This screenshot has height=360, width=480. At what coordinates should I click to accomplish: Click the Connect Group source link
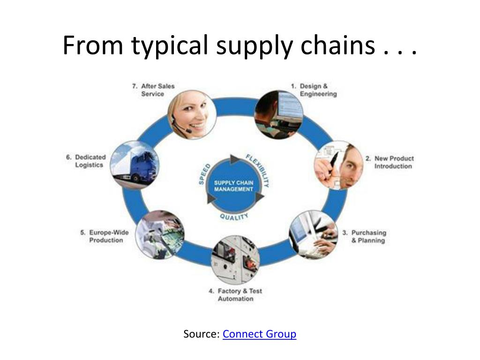(x=259, y=334)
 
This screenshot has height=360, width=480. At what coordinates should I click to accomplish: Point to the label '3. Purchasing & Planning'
(x=364, y=236)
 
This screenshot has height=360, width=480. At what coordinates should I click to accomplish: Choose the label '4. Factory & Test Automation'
(x=235, y=295)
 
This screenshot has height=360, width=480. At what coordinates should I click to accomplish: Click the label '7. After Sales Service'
(x=154, y=90)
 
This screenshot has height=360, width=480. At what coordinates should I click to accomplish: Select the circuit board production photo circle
(x=160, y=234)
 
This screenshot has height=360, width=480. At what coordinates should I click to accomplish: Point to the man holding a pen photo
(x=338, y=165)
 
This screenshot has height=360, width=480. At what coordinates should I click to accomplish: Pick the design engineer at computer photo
(x=278, y=115)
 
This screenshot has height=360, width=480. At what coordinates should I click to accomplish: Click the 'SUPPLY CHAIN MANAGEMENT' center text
(x=233, y=186)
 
